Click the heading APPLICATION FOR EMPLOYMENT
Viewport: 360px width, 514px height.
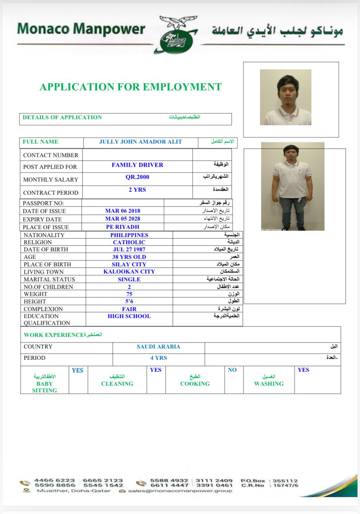pos(130,87)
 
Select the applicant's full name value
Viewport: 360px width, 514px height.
pos(140,142)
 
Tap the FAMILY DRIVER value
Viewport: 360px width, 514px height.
pos(137,165)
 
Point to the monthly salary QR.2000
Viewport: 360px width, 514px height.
pos(137,177)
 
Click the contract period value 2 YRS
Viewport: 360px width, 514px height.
pos(137,190)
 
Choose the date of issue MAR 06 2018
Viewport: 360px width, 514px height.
pos(123,211)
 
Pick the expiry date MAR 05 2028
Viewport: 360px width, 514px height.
pos(123,219)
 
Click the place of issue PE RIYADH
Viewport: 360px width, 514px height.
pos(123,227)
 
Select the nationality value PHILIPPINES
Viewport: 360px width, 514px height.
pos(129,235)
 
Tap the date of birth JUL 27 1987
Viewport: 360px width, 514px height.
pos(129,249)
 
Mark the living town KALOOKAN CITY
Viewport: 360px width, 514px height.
pos(129,272)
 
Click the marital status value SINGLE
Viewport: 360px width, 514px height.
pos(129,280)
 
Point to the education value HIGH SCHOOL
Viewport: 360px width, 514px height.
pos(129,316)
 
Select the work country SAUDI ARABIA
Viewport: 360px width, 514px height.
pos(158,347)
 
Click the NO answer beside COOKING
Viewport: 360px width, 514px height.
pos(232,370)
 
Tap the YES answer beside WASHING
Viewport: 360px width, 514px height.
pos(303,370)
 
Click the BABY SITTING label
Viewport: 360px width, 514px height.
pos(44,387)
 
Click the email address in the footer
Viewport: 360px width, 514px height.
pos(180,491)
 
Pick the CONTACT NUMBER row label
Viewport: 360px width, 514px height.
pos(51,155)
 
